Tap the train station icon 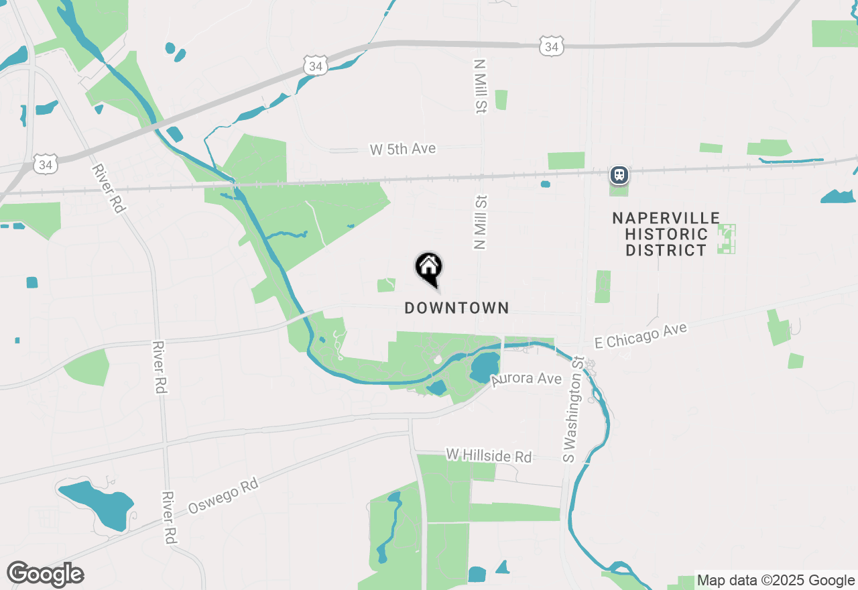click(x=619, y=175)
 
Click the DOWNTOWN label click(x=456, y=308)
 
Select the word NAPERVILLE click(x=666, y=219)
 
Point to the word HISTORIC click(x=666, y=235)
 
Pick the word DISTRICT click(x=666, y=251)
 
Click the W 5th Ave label click(x=403, y=149)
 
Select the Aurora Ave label click(x=527, y=379)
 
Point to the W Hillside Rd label click(x=489, y=456)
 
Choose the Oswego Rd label click(x=223, y=496)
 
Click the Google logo click(x=46, y=574)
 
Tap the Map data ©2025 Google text click(x=776, y=580)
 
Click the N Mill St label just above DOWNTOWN click(x=480, y=223)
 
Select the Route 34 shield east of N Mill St click(x=551, y=46)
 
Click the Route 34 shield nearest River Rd click(x=46, y=163)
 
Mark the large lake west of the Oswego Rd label click(x=97, y=503)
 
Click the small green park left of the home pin click(x=386, y=285)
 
